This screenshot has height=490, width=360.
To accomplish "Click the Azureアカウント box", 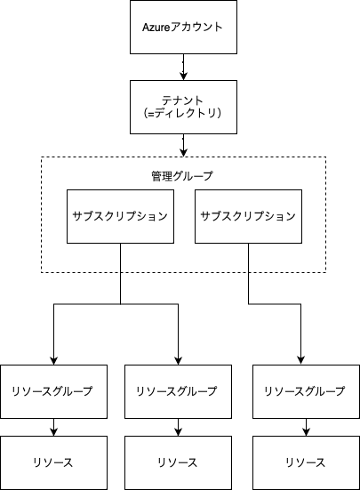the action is tap(183, 27).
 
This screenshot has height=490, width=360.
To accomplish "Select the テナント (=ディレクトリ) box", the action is tap(183, 107).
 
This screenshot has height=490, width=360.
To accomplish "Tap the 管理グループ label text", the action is tap(181, 176).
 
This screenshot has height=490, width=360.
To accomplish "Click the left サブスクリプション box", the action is tap(120, 216).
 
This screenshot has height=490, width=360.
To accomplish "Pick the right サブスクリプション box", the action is tap(248, 216).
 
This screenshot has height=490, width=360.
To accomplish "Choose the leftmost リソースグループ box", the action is tap(53, 391).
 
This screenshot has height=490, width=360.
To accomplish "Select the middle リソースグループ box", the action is tap(178, 391).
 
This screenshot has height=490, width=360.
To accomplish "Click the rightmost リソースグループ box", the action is tap(306, 391).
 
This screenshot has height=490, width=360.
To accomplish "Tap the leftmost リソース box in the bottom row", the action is tap(53, 462).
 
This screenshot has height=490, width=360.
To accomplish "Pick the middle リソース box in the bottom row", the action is tap(178, 462).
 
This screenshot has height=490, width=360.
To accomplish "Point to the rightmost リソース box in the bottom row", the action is tap(306, 462).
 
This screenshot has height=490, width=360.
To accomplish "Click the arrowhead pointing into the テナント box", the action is tap(183, 76).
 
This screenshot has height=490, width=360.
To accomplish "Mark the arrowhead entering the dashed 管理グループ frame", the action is tap(183, 152).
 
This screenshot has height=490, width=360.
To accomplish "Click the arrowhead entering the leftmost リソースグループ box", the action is tap(53, 361).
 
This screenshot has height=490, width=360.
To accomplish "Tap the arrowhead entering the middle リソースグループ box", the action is tap(178, 361).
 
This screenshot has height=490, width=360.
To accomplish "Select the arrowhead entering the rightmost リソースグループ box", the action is tap(300, 361).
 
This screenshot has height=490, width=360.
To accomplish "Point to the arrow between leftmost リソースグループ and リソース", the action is tap(53, 427).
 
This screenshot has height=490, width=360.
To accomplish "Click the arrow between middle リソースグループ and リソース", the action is tap(178, 427).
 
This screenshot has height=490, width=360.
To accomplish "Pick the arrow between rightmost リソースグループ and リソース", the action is tap(306, 427).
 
